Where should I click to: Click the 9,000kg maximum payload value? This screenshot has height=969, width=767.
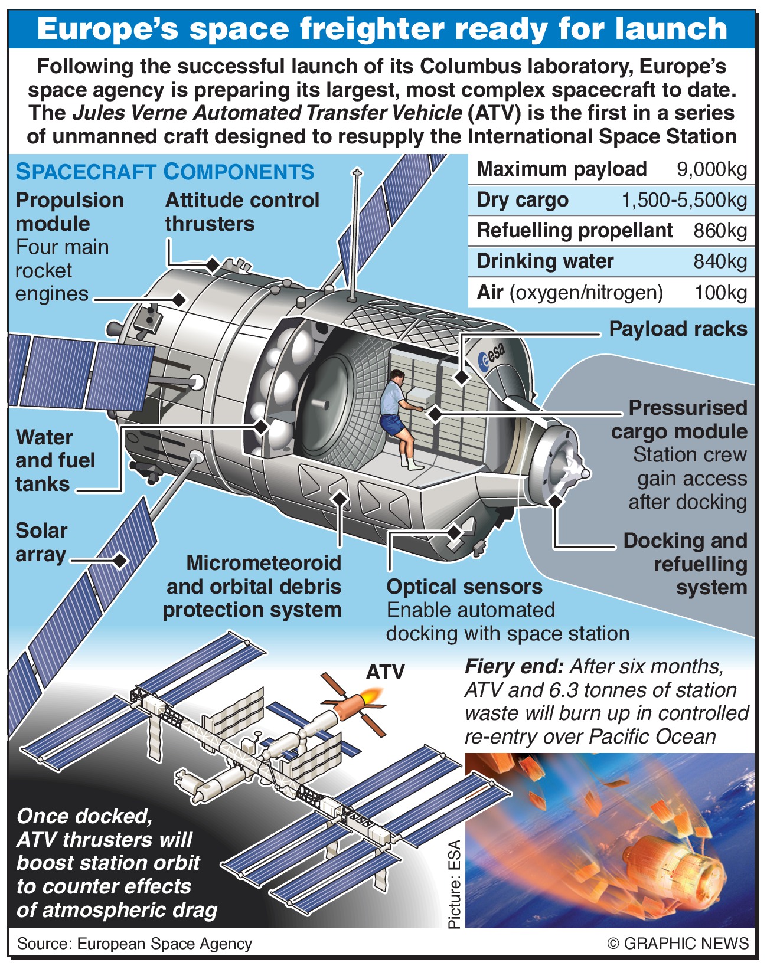tap(711, 170)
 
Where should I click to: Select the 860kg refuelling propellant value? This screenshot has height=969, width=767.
tap(720, 231)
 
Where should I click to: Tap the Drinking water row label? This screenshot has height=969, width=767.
tap(545, 261)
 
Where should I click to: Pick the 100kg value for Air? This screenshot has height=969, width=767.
tap(720, 293)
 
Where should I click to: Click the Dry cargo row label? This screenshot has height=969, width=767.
tap(523, 201)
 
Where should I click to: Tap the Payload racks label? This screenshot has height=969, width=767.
tap(678, 329)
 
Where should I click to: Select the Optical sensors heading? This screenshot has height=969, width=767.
tap(464, 587)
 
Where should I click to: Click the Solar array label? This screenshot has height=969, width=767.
tap(41, 542)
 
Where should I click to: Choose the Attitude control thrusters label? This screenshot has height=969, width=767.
tap(241, 212)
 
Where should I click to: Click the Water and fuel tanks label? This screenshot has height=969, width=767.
tap(54, 461)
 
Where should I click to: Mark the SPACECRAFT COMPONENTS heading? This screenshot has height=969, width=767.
tap(165, 172)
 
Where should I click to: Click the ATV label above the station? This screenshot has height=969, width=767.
tap(385, 672)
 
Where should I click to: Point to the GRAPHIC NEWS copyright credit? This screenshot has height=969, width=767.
tap(678, 943)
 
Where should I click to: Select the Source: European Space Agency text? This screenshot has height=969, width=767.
tap(135, 944)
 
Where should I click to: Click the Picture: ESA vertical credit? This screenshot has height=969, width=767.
tap(454, 883)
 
